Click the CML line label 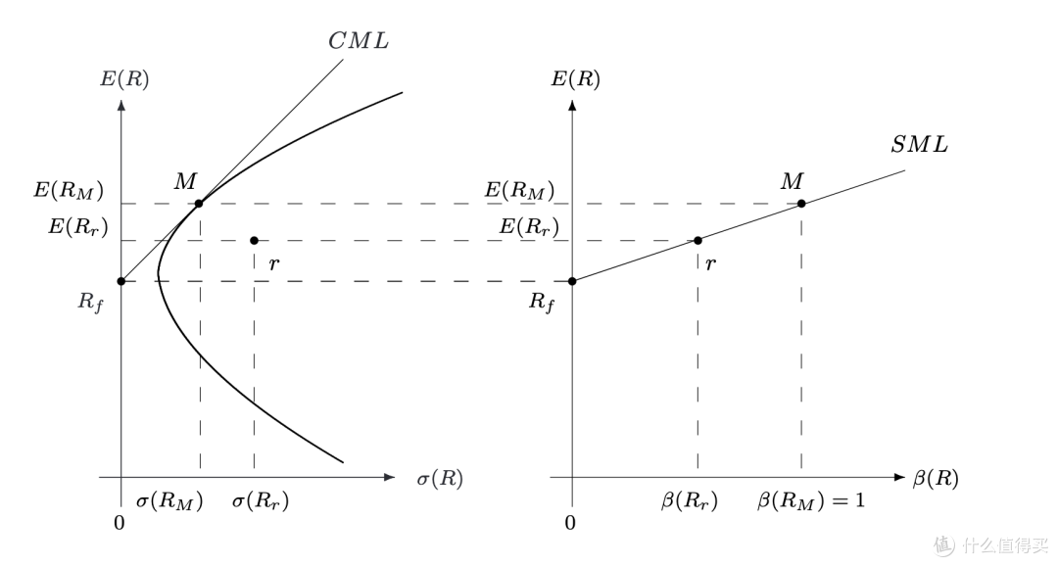(x=358, y=40)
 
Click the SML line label (x=919, y=145)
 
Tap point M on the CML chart (x=199, y=204)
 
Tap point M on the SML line (x=801, y=204)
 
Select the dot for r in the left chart (x=254, y=241)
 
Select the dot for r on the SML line (x=697, y=241)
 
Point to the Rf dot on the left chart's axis (x=121, y=281)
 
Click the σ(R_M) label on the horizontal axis (x=168, y=501)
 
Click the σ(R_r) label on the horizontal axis (x=260, y=501)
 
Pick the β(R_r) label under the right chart (x=690, y=501)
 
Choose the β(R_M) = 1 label (x=811, y=501)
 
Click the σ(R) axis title (x=439, y=479)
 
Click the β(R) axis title (x=935, y=479)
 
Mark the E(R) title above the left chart (x=124, y=78)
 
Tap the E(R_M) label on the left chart (x=70, y=190)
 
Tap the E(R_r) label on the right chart (x=529, y=228)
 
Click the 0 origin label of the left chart (x=120, y=523)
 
